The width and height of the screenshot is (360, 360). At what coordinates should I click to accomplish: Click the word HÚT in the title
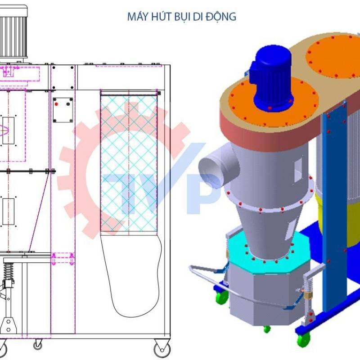pos(159,17)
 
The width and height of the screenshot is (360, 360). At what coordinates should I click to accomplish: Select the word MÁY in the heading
pos(138,17)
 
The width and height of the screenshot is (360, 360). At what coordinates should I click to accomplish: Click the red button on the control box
pos(57,104)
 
